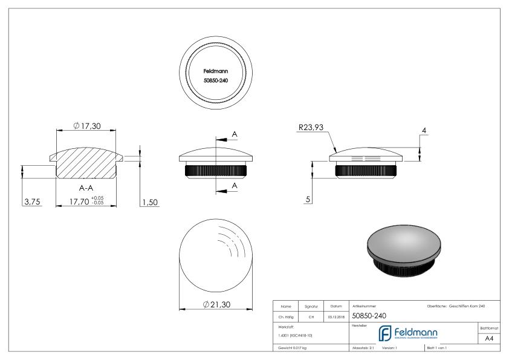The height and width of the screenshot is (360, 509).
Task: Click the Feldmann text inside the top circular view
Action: pyautogui.click(x=215, y=70)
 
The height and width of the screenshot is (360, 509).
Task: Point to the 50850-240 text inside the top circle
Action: pyautogui.click(x=215, y=80)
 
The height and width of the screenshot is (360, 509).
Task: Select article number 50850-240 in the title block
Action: pyautogui.click(x=369, y=315)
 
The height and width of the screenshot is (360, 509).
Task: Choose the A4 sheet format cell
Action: pyautogui.click(x=490, y=339)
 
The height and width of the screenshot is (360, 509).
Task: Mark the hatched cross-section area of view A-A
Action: pyautogui.click(x=85, y=163)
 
